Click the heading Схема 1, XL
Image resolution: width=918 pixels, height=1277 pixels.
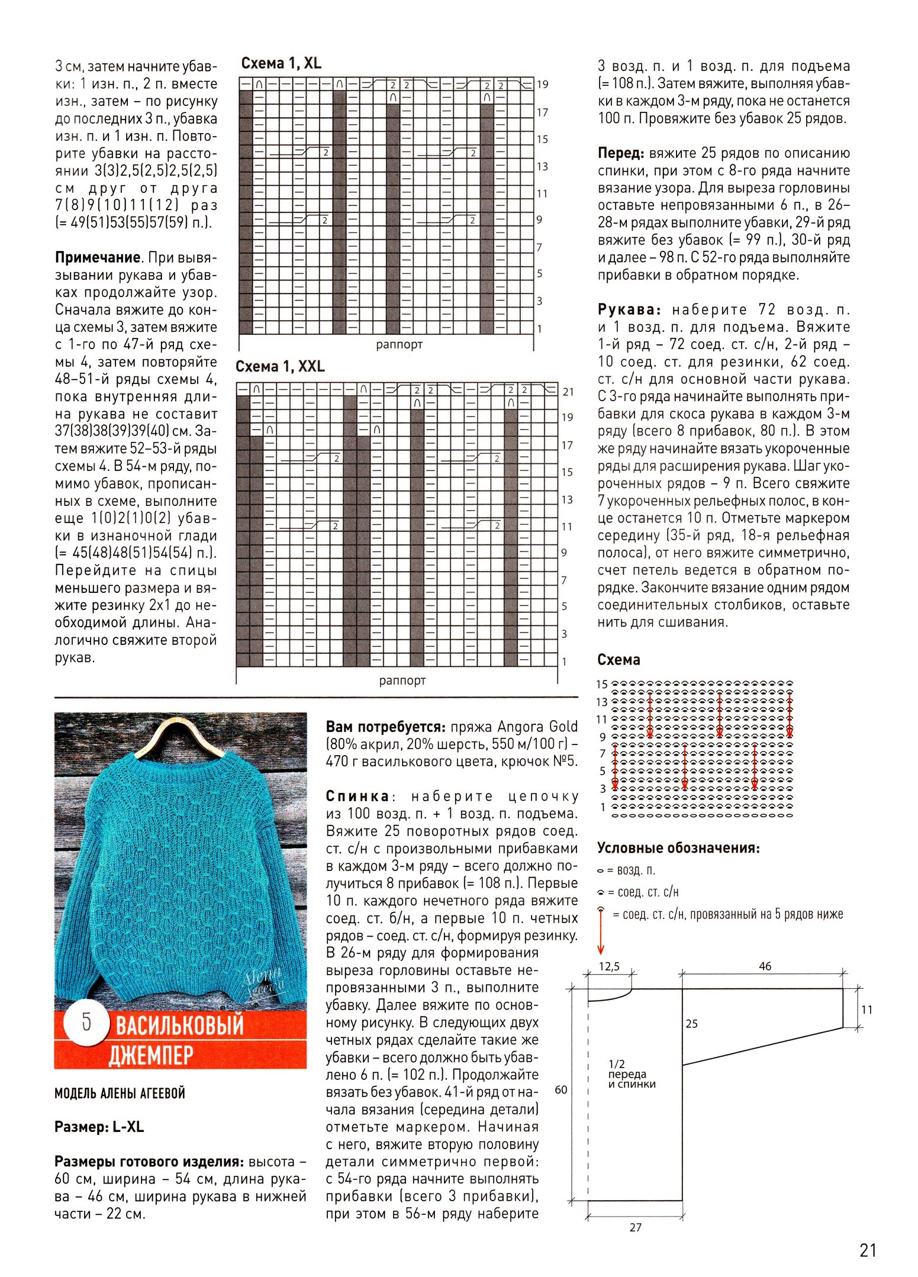click(281, 63)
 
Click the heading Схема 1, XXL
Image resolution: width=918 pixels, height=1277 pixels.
click(280, 366)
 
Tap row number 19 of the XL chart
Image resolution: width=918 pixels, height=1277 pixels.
click(542, 85)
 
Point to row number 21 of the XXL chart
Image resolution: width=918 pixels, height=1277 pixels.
click(568, 392)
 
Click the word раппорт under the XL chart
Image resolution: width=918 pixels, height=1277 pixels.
click(400, 344)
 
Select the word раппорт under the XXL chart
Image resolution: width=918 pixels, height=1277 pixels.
click(402, 681)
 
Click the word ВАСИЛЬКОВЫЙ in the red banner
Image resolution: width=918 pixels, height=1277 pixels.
click(179, 1026)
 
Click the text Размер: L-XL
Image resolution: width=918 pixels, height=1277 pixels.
click(99, 1127)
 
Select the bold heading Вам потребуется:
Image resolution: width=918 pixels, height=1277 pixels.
click(385, 727)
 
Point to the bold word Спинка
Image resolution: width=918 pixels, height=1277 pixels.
click(357, 796)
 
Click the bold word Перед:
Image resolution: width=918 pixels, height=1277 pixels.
click(620, 153)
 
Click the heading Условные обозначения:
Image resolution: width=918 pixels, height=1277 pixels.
click(678, 848)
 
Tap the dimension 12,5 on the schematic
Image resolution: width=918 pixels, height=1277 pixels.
click(609, 967)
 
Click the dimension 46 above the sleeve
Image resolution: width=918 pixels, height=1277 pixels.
click(765, 966)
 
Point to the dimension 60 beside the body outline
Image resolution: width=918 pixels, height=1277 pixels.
click(561, 1089)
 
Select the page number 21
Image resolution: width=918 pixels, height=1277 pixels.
click(867, 1250)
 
